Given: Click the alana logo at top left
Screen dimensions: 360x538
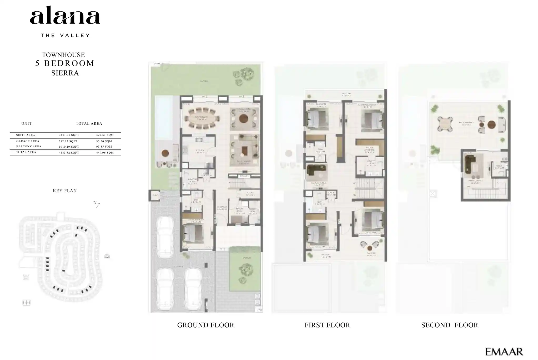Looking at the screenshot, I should coord(65,17).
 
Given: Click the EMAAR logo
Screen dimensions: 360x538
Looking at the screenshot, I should coord(504,352).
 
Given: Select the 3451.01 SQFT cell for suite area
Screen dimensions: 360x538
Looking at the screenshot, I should coord(69,135).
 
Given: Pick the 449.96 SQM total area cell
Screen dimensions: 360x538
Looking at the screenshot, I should coord(105,153).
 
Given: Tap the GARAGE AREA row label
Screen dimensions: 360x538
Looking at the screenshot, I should coord(28,141).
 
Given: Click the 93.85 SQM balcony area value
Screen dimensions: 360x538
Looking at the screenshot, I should coord(104,147).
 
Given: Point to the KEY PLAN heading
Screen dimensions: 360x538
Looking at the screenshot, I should coord(65,191).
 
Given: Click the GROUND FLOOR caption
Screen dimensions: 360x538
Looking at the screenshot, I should coord(205,325).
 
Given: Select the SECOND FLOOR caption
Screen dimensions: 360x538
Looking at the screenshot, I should coord(449,325).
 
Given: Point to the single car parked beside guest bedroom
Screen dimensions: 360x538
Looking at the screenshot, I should coord(165,237).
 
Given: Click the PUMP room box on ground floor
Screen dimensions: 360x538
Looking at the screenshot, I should coord(155,196).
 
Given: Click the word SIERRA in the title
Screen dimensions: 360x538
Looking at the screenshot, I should coord(65,73).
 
